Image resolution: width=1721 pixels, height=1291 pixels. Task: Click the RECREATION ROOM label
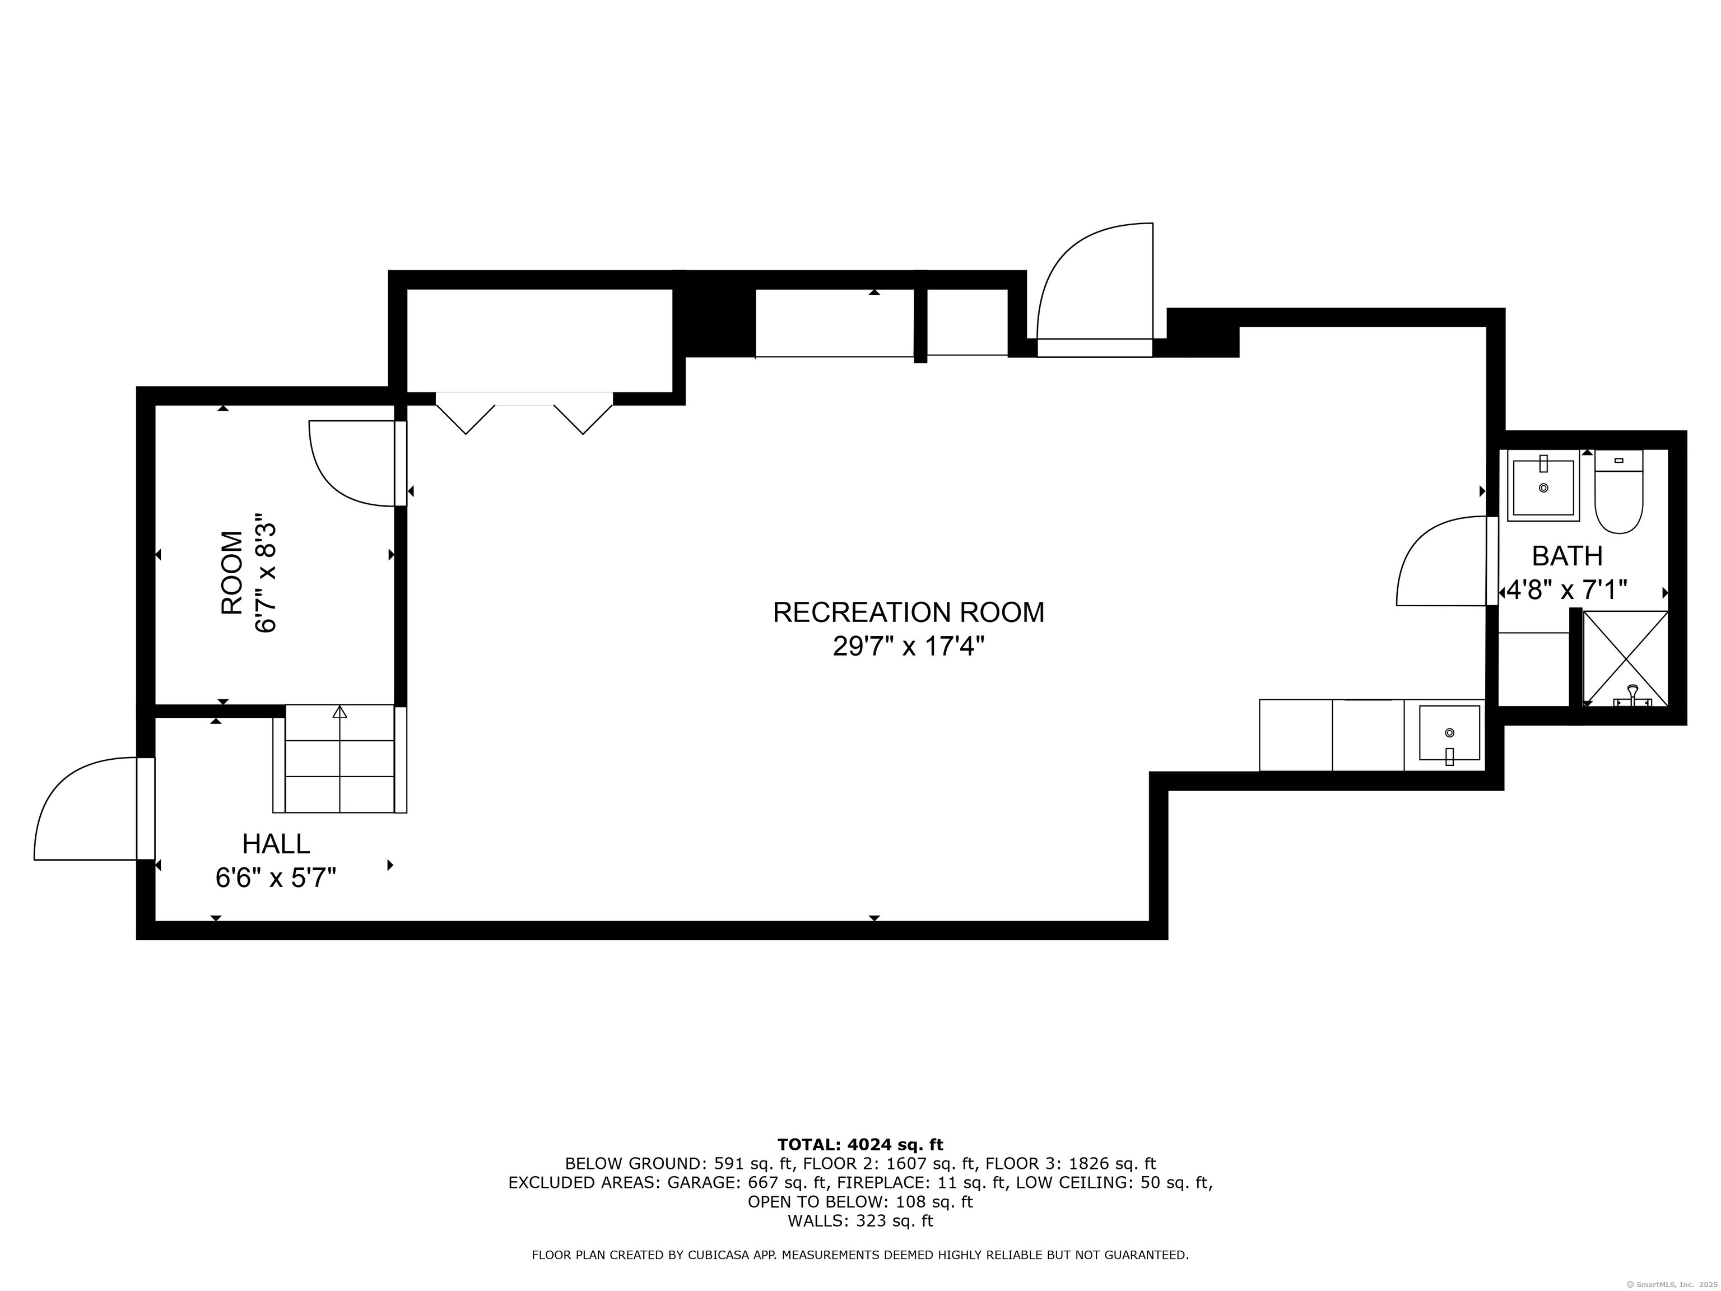point(908,612)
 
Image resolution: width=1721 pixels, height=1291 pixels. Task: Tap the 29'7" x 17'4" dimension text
point(908,647)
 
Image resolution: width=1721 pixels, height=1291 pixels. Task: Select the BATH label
point(1567,556)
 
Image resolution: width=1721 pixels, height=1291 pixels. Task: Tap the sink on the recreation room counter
point(1449,733)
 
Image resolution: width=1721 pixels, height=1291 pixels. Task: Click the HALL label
point(276,843)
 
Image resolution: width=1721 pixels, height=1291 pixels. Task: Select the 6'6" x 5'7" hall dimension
point(276,878)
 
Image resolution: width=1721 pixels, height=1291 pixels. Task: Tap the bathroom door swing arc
point(1439,564)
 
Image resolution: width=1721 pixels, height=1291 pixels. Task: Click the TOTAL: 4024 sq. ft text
point(860,1145)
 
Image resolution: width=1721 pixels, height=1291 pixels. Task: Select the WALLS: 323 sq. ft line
point(860,1221)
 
